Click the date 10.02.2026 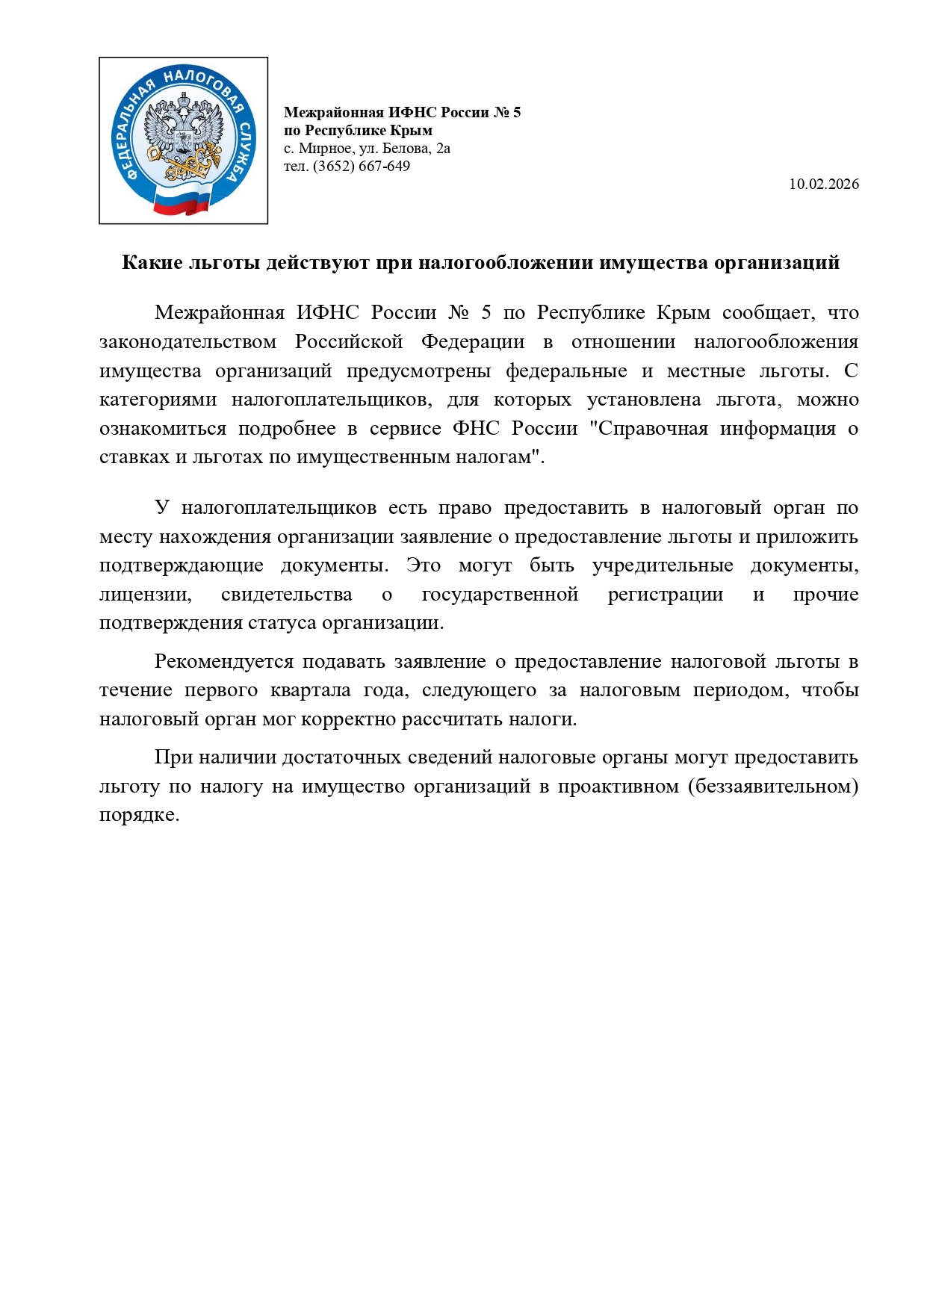[x=823, y=184]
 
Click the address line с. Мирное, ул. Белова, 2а [x=367, y=148]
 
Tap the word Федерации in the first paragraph [x=473, y=341]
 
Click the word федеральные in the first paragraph [x=566, y=371]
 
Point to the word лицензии [x=146, y=595]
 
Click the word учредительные [x=662, y=565]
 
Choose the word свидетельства [x=287, y=595]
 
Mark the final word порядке [x=139, y=815]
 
